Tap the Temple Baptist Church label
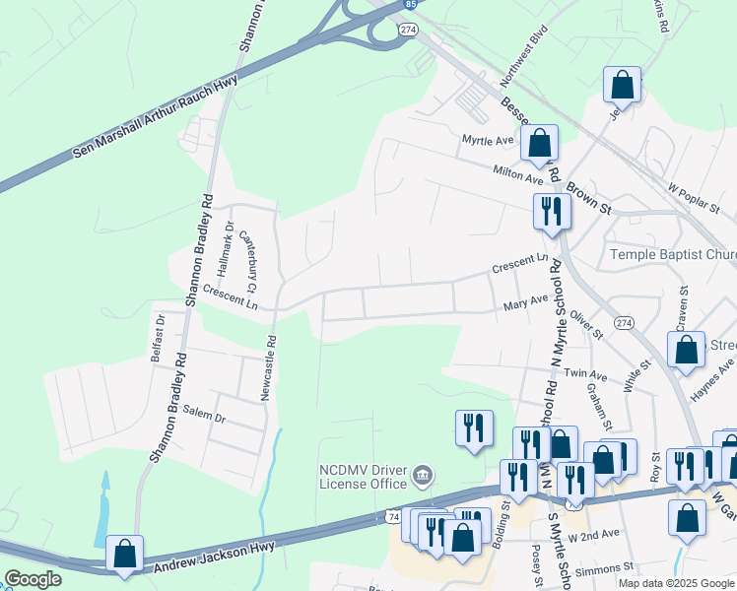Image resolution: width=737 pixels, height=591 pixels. point(673,254)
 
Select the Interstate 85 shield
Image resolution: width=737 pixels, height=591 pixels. point(407,5)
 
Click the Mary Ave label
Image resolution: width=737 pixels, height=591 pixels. point(525,303)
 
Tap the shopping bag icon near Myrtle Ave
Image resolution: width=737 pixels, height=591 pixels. point(539,144)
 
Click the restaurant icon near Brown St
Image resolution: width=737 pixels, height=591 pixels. point(550,211)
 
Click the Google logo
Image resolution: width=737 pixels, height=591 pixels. point(33,579)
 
